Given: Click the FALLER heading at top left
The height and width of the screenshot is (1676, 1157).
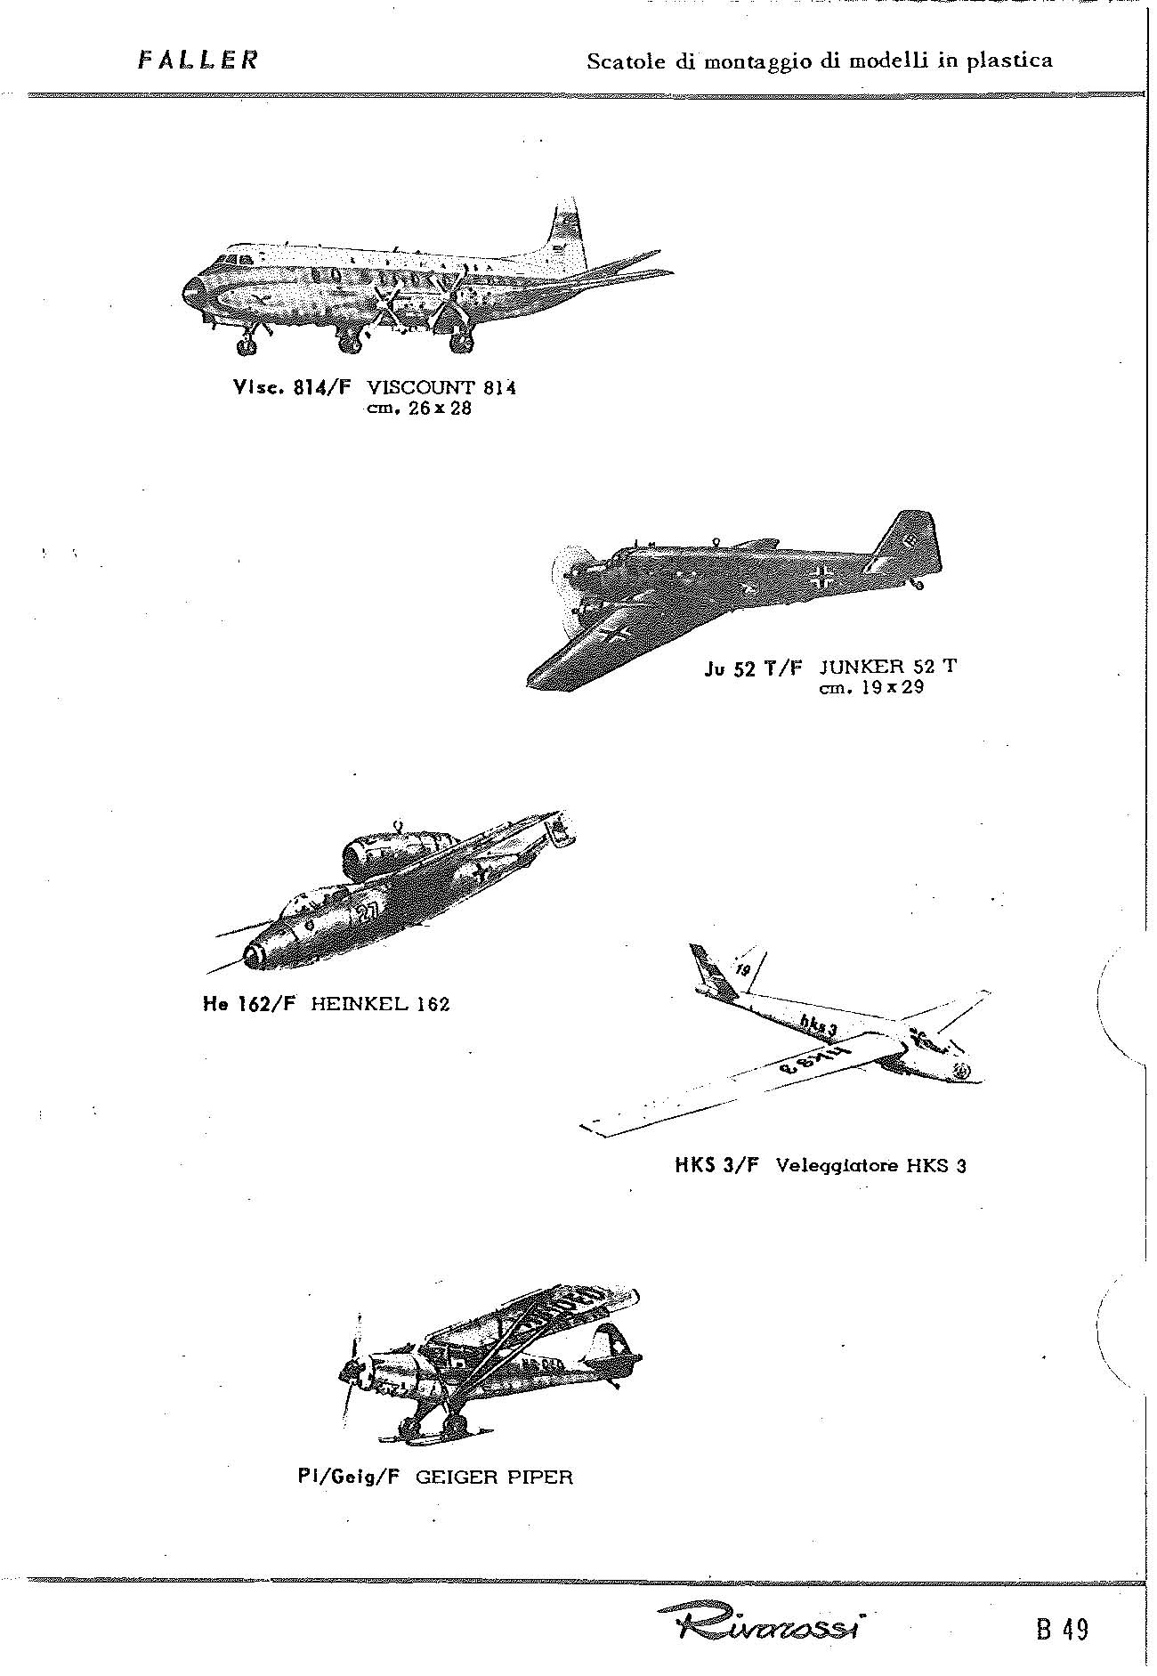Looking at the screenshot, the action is [x=198, y=61].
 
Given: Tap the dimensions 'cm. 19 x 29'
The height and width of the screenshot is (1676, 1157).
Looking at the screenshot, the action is [x=870, y=687].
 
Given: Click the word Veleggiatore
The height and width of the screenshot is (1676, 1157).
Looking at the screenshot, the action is [x=837, y=1165].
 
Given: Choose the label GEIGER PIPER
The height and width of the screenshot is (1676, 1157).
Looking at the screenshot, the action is [x=495, y=1478].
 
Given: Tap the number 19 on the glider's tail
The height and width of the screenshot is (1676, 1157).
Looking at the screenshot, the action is [x=742, y=968].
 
